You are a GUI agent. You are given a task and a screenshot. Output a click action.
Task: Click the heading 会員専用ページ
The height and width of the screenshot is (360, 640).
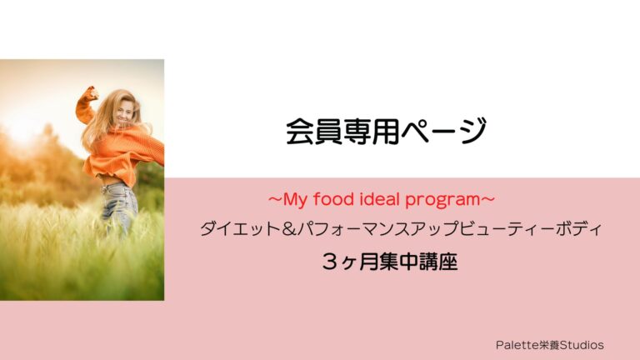coord(386,132)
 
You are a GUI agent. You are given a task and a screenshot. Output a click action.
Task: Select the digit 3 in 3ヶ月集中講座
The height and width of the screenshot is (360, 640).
coord(331,262)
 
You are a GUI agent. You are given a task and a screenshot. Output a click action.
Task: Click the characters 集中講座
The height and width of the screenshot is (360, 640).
coord(418,262)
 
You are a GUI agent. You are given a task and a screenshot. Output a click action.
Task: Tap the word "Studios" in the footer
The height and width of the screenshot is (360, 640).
coord(582,345)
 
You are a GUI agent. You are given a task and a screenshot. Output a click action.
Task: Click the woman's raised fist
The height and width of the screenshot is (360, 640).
coord(92,93)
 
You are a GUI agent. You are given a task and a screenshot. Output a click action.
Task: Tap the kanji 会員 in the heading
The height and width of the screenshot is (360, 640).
coord(313,132)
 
